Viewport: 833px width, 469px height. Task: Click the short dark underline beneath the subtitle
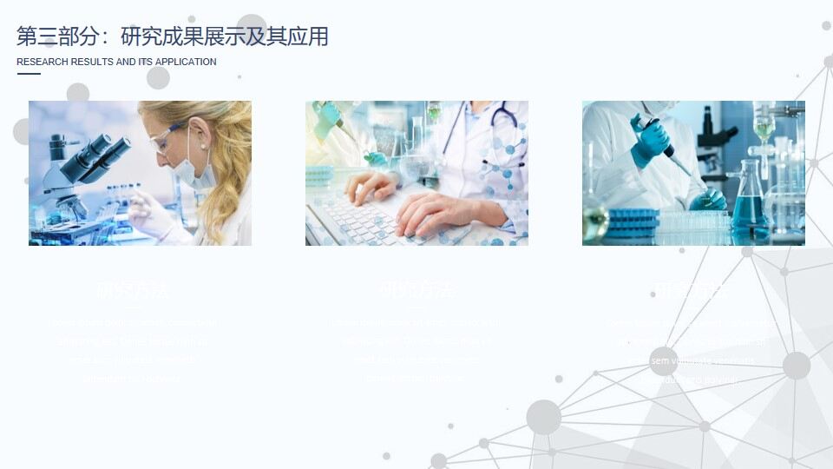coord(29,75)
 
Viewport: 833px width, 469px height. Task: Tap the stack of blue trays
coord(633,221)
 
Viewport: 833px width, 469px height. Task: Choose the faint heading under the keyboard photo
coord(416,289)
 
